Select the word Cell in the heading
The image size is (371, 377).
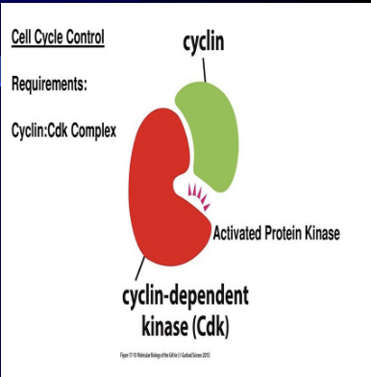click(24, 39)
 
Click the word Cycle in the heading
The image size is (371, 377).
click(57, 39)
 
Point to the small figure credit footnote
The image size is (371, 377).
click(185, 353)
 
